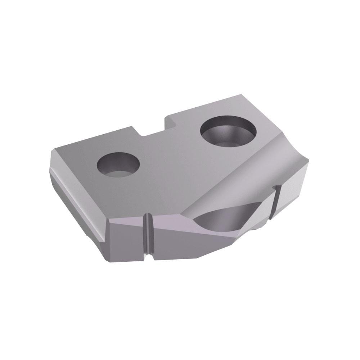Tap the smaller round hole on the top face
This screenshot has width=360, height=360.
118,165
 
